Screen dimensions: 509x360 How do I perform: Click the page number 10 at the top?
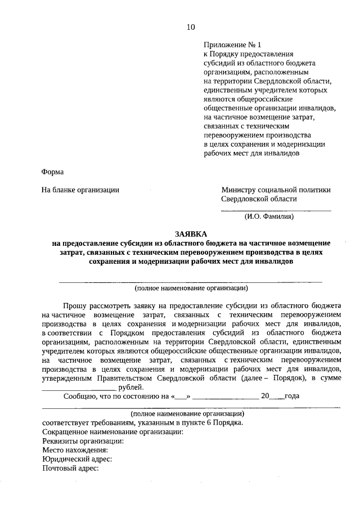191,27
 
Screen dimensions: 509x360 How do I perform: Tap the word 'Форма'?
53,172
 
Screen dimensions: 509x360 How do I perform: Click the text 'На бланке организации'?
80,190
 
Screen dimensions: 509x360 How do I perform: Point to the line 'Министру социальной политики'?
276,190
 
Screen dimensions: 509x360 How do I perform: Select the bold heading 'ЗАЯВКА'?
191,234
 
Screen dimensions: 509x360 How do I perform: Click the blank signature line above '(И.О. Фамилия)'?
276,210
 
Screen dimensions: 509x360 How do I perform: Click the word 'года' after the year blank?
291,396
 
